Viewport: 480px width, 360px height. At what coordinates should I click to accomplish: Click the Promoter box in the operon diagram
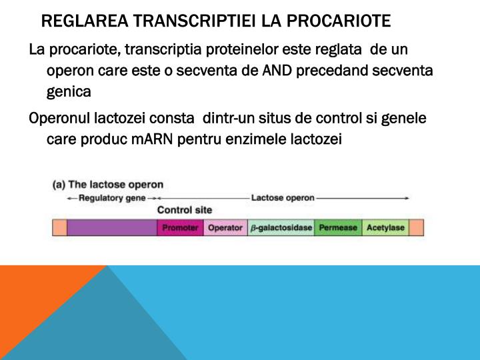(x=180, y=227)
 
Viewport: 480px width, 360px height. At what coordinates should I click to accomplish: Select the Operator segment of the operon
(x=225, y=227)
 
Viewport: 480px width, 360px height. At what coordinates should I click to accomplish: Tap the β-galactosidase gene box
(x=281, y=227)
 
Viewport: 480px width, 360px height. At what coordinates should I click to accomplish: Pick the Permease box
(x=338, y=227)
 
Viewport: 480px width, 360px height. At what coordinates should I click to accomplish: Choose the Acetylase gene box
(x=385, y=227)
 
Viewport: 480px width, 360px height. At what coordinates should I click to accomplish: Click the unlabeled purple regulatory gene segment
(x=112, y=227)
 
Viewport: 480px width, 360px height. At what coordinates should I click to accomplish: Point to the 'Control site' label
(x=185, y=210)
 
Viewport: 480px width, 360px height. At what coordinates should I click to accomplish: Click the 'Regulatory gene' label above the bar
(x=111, y=198)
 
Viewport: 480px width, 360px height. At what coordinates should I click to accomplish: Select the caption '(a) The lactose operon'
(x=108, y=185)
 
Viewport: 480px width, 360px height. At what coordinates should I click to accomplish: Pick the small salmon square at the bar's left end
(x=59, y=227)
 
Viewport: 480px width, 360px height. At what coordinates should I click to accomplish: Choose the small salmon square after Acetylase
(x=417, y=227)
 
